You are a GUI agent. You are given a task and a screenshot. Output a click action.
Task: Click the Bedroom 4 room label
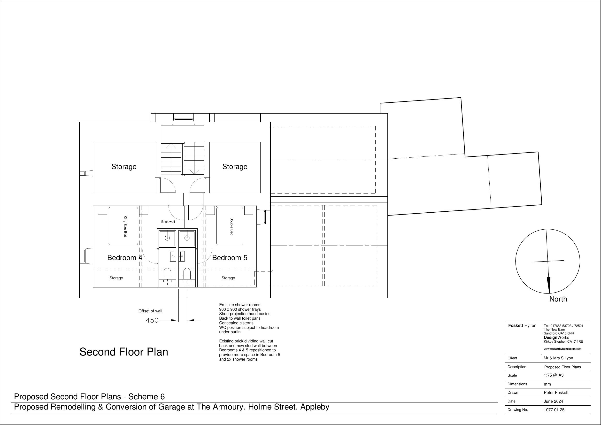[x=125, y=258]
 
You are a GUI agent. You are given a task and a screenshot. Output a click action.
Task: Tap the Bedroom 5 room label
[x=230, y=258]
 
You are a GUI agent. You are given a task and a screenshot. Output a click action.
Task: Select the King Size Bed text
[x=125, y=226]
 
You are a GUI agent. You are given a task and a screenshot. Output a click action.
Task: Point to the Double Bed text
[x=231, y=226]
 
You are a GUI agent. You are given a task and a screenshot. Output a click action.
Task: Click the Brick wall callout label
[x=168, y=222]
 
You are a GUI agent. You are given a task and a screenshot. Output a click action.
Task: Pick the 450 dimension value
[x=152, y=320]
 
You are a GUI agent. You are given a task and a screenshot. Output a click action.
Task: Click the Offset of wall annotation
[x=150, y=311]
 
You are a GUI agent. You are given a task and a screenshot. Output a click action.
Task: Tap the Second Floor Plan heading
[x=123, y=352]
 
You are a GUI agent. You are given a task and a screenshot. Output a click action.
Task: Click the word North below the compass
[x=558, y=299]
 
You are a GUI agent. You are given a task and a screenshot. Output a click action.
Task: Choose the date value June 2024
[x=553, y=402]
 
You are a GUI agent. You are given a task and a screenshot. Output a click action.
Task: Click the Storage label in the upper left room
[x=124, y=167]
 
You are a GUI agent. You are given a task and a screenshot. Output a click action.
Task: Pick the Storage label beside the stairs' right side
[x=235, y=167]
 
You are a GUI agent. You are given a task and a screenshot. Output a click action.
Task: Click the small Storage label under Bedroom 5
[x=228, y=278]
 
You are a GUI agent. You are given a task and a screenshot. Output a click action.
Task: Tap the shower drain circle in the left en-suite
[x=167, y=238]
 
